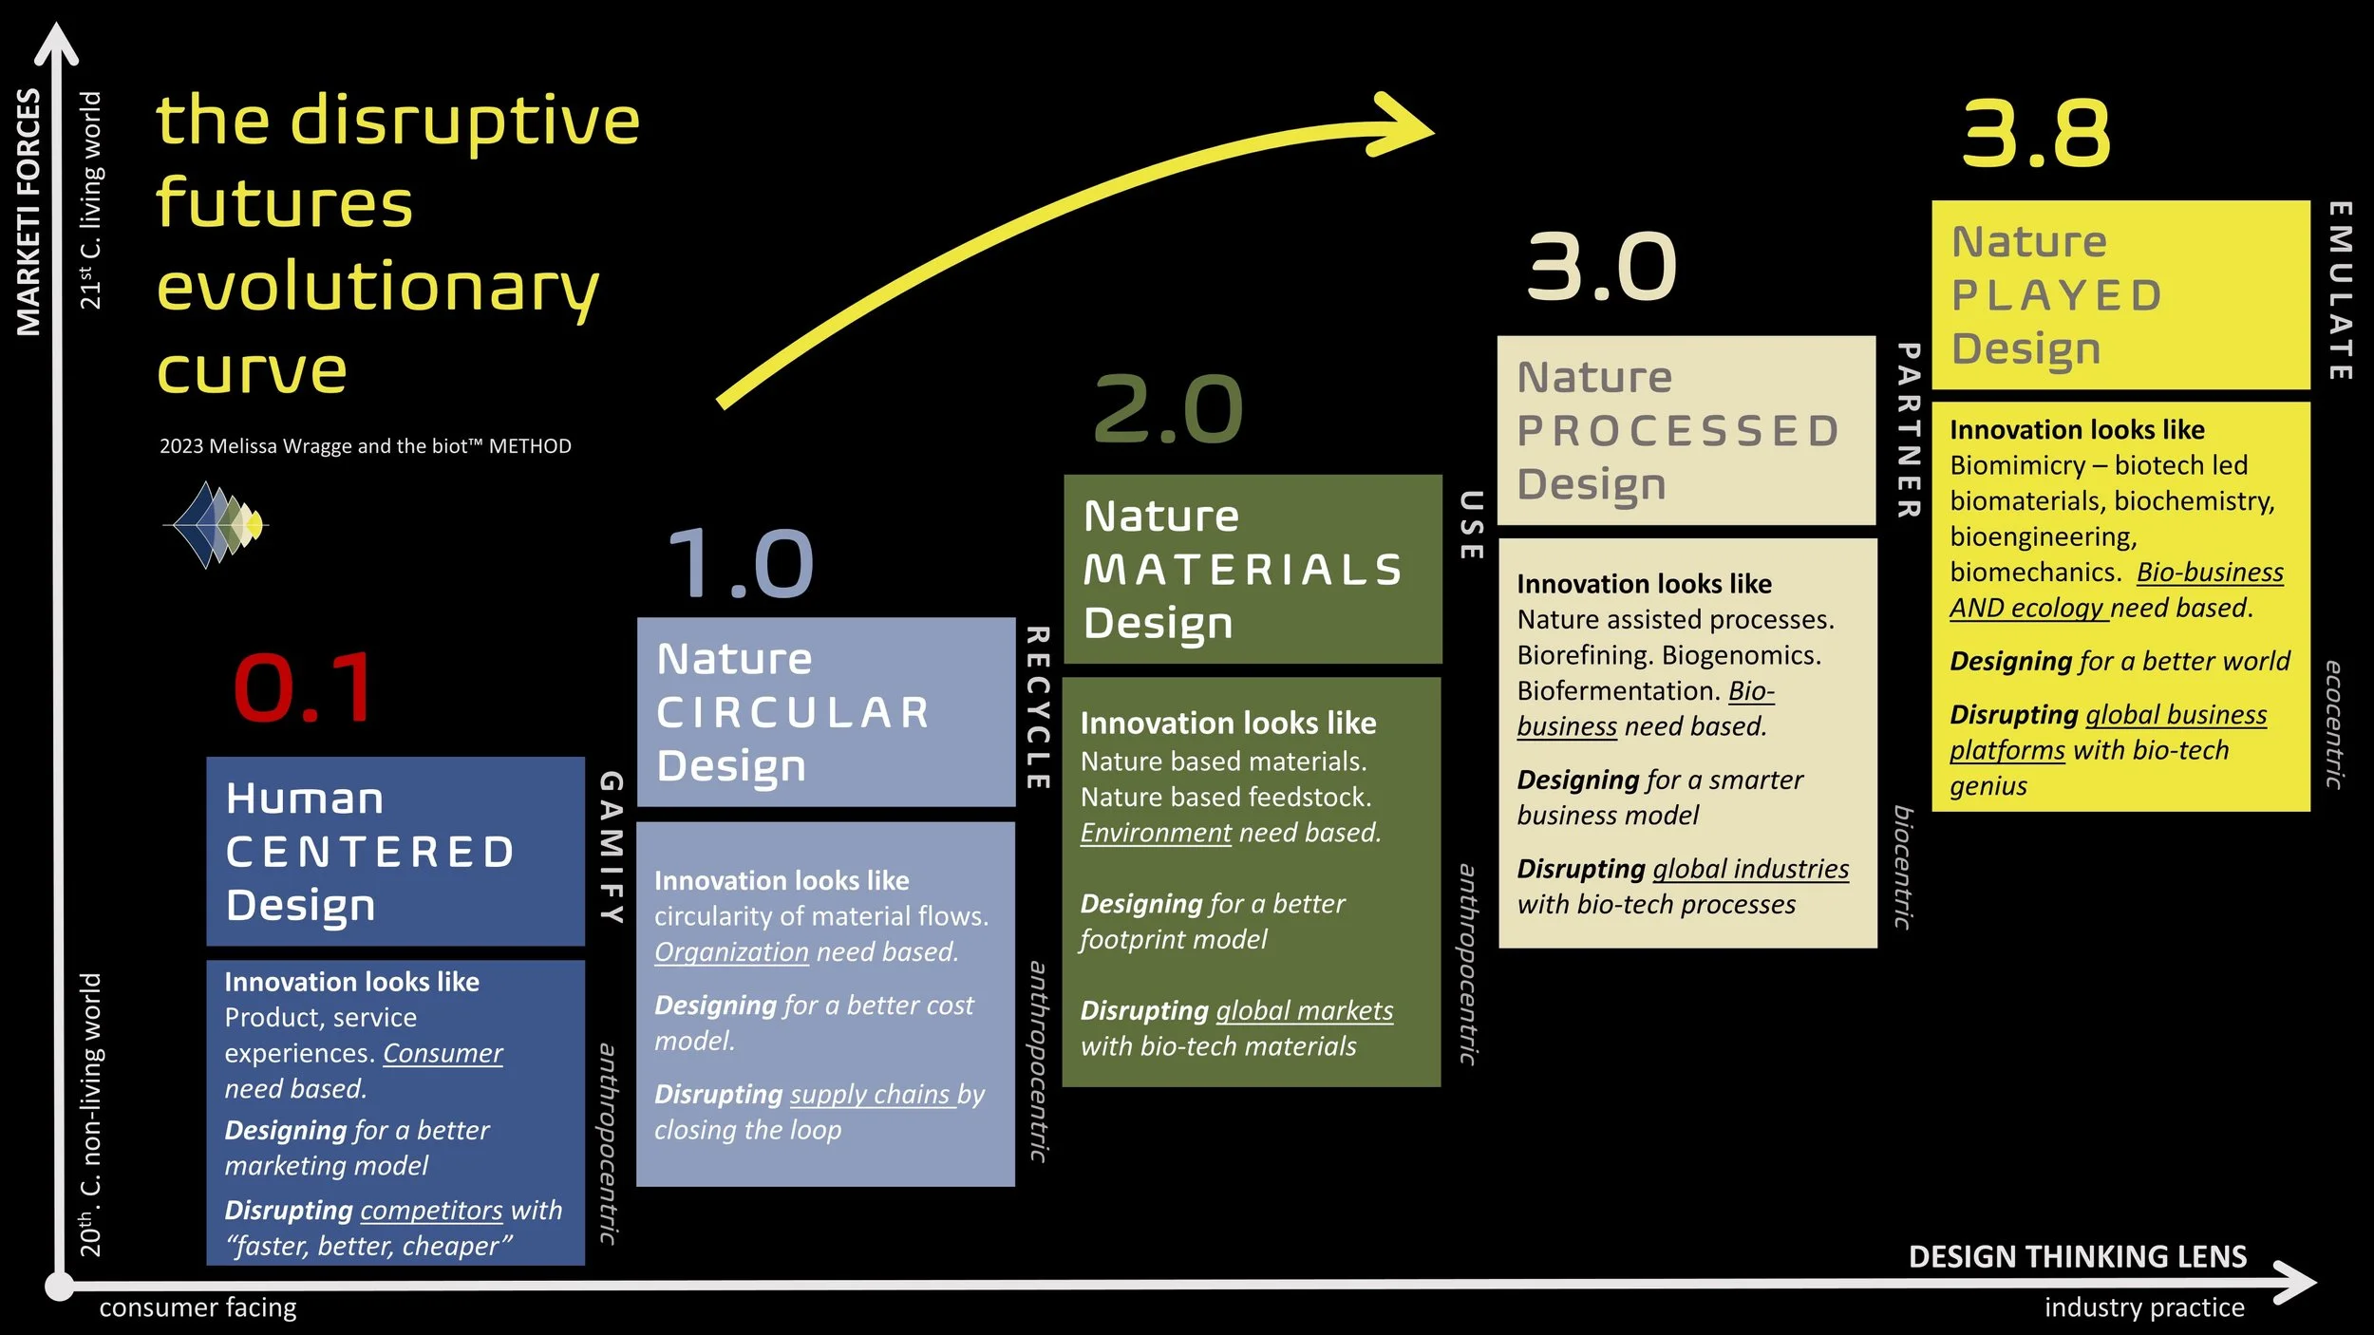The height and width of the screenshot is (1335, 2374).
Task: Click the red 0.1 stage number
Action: (304, 687)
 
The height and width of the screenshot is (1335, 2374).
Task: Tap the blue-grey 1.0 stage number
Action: (741, 564)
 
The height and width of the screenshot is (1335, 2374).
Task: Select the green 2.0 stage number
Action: (1168, 409)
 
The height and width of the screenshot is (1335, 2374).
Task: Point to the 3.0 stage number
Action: (1601, 268)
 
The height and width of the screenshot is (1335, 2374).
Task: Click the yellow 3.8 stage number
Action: (2036, 134)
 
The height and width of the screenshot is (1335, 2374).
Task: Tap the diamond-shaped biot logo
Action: (217, 524)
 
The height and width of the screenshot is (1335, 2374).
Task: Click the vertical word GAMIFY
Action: (611, 847)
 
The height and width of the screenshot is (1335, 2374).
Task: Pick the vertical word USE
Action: (1470, 525)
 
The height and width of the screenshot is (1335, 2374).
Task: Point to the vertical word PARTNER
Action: (1908, 430)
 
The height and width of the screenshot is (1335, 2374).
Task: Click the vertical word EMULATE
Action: (2339, 291)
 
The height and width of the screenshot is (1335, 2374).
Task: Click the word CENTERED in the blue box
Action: (370, 852)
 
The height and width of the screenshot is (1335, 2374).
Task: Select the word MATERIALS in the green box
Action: (1243, 570)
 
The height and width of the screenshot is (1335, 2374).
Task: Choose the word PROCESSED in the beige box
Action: (1678, 431)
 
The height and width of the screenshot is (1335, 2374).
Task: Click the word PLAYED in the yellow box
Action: (2057, 295)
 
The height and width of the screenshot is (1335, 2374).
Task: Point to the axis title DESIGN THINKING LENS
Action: (2078, 1256)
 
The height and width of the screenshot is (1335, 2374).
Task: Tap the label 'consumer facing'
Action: (198, 1307)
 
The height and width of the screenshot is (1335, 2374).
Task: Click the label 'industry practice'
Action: (2144, 1307)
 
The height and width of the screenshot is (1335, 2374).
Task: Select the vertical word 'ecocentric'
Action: (2334, 724)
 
